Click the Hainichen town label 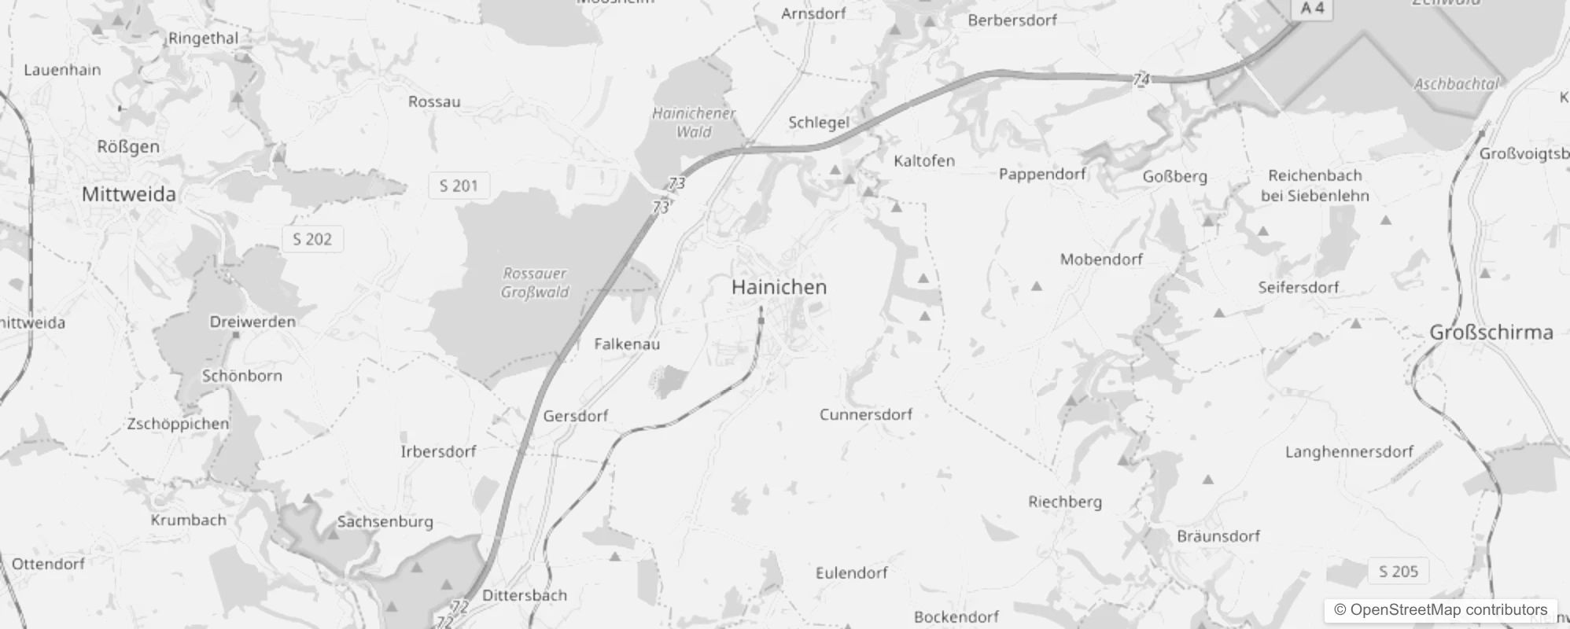pos(779,287)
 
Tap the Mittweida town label pos(129,194)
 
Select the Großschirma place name pos(1491,333)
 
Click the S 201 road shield pos(459,186)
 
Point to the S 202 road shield pos(312,239)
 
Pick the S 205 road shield pos(1398,572)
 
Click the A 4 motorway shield pos(1312,9)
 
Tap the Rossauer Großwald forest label pos(535,283)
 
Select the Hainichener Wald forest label pos(694,123)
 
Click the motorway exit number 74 pos(1141,79)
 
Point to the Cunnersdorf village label pos(865,414)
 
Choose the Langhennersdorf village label pos(1360,452)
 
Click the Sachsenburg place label pos(385,521)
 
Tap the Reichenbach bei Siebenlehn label pos(1314,186)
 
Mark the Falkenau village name pos(627,344)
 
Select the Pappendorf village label pos(1042,174)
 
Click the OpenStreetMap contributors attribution pos(1440,610)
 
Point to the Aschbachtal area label pos(1457,84)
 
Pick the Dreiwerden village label pos(252,322)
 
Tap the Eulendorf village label pos(851,573)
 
